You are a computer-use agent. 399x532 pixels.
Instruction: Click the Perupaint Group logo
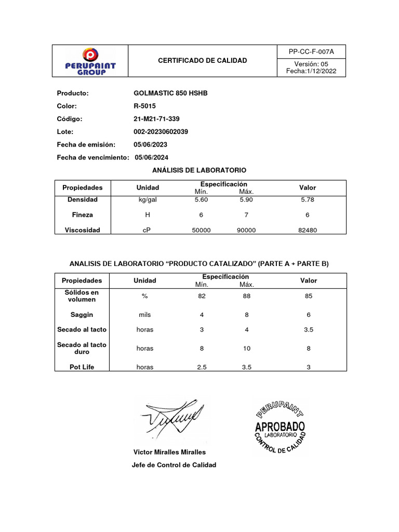(x=90, y=61)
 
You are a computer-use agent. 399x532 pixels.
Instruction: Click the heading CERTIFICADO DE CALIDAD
(x=203, y=61)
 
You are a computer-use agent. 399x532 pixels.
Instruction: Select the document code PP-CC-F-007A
(x=311, y=52)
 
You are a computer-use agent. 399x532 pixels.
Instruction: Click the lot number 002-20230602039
(x=161, y=131)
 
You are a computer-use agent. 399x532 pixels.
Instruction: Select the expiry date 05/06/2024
(x=151, y=157)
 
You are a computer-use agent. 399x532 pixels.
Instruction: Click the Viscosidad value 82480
(x=308, y=230)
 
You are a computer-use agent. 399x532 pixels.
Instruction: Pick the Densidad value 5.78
(x=308, y=199)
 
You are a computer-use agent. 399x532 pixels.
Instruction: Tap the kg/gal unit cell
(x=147, y=199)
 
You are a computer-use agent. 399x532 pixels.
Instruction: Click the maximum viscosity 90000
(x=246, y=230)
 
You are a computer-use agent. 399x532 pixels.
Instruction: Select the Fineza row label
(x=82, y=215)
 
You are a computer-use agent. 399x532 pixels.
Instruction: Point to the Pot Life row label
(x=82, y=367)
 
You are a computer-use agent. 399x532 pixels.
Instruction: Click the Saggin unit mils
(x=145, y=315)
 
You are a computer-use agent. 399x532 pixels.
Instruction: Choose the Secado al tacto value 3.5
(x=308, y=329)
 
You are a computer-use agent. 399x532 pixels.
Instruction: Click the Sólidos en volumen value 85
(x=308, y=296)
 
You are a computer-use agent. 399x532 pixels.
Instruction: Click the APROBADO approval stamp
(x=280, y=428)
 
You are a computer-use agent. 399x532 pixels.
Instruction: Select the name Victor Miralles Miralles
(x=170, y=452)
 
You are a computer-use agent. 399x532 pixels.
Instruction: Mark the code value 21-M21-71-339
(x=157, y=119)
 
